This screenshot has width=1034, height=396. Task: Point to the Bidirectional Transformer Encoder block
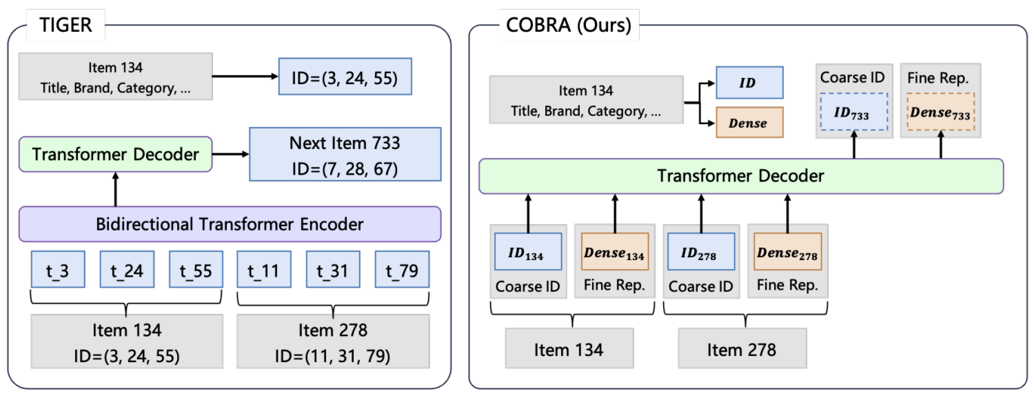click(x=230, y=224)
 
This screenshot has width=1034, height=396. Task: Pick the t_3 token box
click(x=58, y=269)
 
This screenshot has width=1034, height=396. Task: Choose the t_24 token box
click(x=127, y=269)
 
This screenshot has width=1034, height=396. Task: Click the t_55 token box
click(x=195, y=269)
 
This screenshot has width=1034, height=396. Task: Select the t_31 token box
click(x=333, y=269)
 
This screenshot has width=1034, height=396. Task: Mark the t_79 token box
click(x=402, y=269)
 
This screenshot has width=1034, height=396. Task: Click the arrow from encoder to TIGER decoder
click(x=115, y=190)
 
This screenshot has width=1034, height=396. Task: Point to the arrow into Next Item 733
click(x=231, y=155)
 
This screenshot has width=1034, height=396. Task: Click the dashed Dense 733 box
click(x=940, y=112)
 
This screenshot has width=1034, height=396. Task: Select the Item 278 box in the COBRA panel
click(x=742, y=349)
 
